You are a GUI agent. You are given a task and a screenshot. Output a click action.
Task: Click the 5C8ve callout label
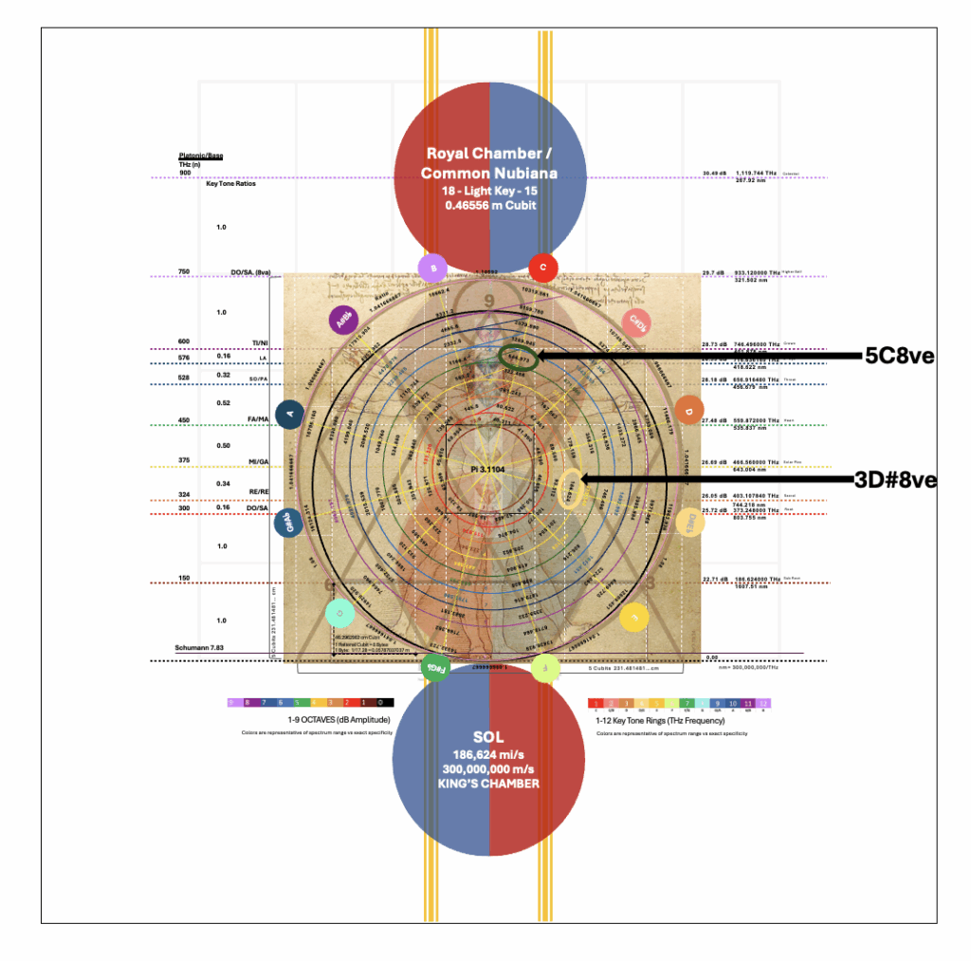[x=899, y=357]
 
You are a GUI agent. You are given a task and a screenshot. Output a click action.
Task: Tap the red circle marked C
[x=542, y=268]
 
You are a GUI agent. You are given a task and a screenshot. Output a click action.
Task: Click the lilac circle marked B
[x=432, y=268]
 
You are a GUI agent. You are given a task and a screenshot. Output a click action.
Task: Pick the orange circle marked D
[x=689, y=412]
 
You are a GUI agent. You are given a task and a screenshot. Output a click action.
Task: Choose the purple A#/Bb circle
[x=341, y=321]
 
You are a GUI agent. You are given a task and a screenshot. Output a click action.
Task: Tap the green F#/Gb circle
[x=434, y=667]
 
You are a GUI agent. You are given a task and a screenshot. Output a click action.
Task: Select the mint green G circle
[x=339, y=614]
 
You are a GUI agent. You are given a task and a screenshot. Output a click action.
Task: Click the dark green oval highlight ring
[x=518, y=358]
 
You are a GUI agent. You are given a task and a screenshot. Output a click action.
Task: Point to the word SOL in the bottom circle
[x=488, y=737]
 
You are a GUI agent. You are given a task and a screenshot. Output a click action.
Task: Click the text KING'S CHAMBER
[x=488, y=784]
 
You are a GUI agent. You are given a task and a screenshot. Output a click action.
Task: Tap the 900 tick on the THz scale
[x=185, y=173]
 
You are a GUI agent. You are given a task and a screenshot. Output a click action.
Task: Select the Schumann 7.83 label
[x=198, y=648]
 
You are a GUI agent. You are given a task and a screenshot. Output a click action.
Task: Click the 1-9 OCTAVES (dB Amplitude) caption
[x=309, y=721]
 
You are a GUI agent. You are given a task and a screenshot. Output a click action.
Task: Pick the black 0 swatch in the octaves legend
[x=380, y=703]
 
